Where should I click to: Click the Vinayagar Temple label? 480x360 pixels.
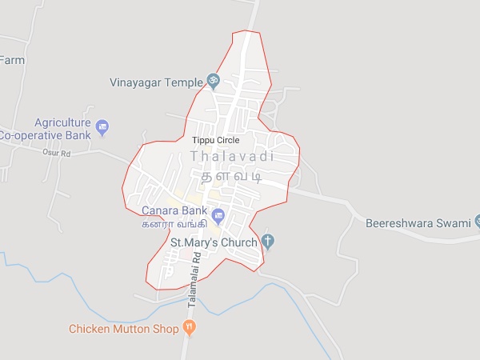[x=156, y=82]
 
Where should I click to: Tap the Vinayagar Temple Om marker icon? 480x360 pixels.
[x=213, y=80]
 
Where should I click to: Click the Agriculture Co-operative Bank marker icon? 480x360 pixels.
[x=102, y=126]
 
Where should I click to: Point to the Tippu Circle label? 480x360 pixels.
[x=215, y=140]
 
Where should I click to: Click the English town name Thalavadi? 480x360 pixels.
[x=232, y=156]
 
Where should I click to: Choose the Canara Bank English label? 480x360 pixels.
[x=174, y=210]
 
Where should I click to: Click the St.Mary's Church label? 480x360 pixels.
[x=214, y=242]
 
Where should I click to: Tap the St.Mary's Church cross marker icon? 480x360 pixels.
[x=269, y=241]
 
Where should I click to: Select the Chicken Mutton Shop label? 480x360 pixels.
[x=124, y=328]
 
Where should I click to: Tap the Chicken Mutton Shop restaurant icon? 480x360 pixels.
[x=189, y=326]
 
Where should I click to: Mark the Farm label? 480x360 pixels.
[x=12, y=60]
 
